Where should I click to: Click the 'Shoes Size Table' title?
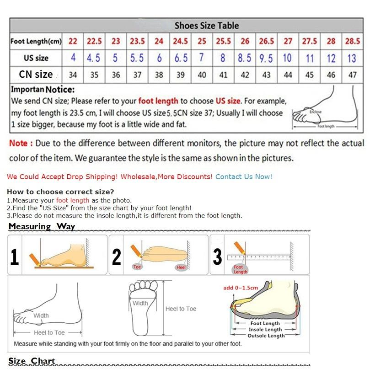tap(207, 26)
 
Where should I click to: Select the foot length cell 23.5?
tap(137, 41)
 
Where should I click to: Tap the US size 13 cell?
tap(352, 58)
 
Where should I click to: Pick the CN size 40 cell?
tap(202, 75)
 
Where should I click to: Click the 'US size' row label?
tap(36, 58)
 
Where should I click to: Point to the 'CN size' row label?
tap(36, 74)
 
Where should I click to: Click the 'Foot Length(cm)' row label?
tap(36, 42)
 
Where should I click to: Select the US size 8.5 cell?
tap(245, 58)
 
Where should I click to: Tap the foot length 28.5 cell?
tap(352, 41)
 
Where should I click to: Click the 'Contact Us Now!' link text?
tap(243, 176)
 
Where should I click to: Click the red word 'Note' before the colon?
tap(18, 143)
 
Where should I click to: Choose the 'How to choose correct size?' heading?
tap(60, 192)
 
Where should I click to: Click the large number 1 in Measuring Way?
tap(15, 256)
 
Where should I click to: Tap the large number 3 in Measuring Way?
tap(218, 256)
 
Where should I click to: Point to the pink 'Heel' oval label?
tap(181, 267)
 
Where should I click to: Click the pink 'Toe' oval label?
tap(137, 267)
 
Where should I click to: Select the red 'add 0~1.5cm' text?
tap(241, 288)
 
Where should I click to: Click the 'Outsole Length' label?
tap(266, 336)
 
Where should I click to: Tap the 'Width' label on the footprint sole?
tap(140, 303)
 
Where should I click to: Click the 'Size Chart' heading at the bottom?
tap(32, 361)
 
